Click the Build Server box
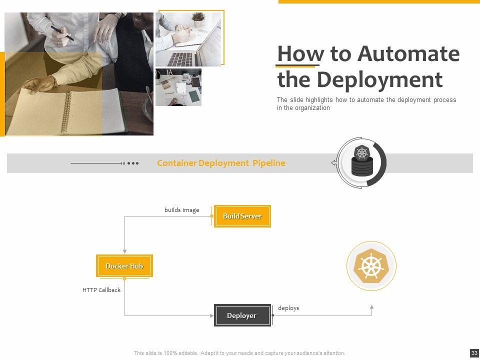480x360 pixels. point(242,216)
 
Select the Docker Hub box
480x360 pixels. point(124,266)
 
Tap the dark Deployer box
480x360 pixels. point(242,315)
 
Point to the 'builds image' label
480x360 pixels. point(182,210)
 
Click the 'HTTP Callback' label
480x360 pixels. point(101,290)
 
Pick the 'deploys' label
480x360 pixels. point(288,308)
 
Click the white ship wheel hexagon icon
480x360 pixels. point(371,265)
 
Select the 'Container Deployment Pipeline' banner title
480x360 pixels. point(221,163)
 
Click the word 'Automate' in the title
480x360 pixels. point(409,54)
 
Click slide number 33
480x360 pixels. point(474,353)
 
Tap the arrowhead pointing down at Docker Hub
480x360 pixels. point(124,251)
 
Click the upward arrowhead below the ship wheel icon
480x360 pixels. point(371,307)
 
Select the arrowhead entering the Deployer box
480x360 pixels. point(211,315)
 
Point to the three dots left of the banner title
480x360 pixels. point(133,163)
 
